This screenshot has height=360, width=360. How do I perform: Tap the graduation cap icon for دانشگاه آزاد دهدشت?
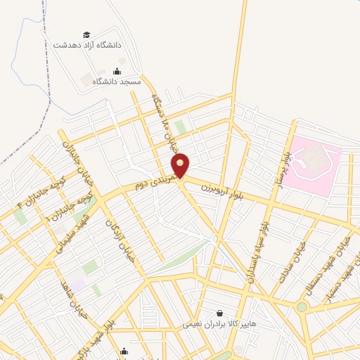tap(86, 34)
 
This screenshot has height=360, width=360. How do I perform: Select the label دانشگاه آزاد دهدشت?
tap(87, 45)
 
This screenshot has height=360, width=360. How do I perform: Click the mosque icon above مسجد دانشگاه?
tap(117, 71)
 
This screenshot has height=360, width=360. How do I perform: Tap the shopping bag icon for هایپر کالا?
tap(220, 314)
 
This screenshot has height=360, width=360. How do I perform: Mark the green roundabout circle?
tap(302, 307)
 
